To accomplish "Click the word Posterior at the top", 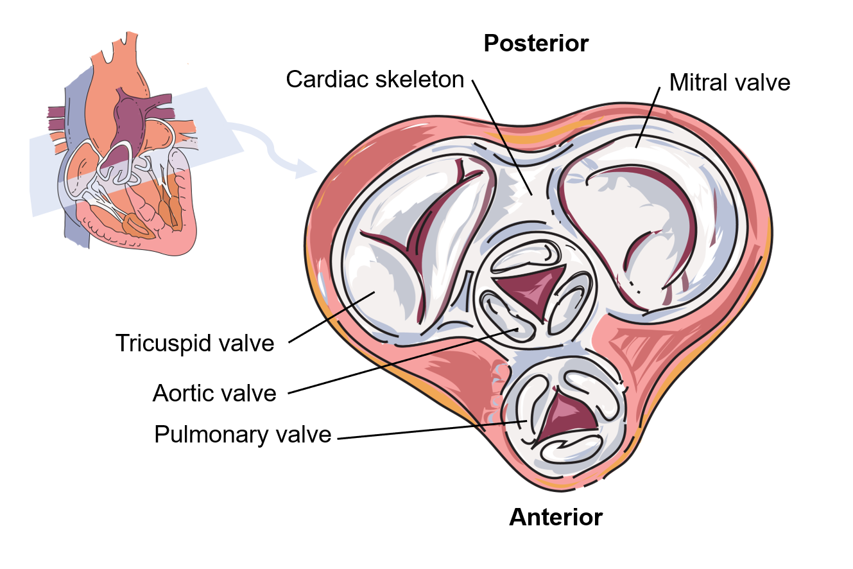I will click(536, 44).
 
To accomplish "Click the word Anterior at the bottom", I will click(556, 517).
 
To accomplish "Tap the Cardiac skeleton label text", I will click(375, 79).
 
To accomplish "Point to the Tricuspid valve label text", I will click(194, 343).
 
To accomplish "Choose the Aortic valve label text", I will click(214, 393).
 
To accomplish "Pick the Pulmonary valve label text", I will click(243, 435).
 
